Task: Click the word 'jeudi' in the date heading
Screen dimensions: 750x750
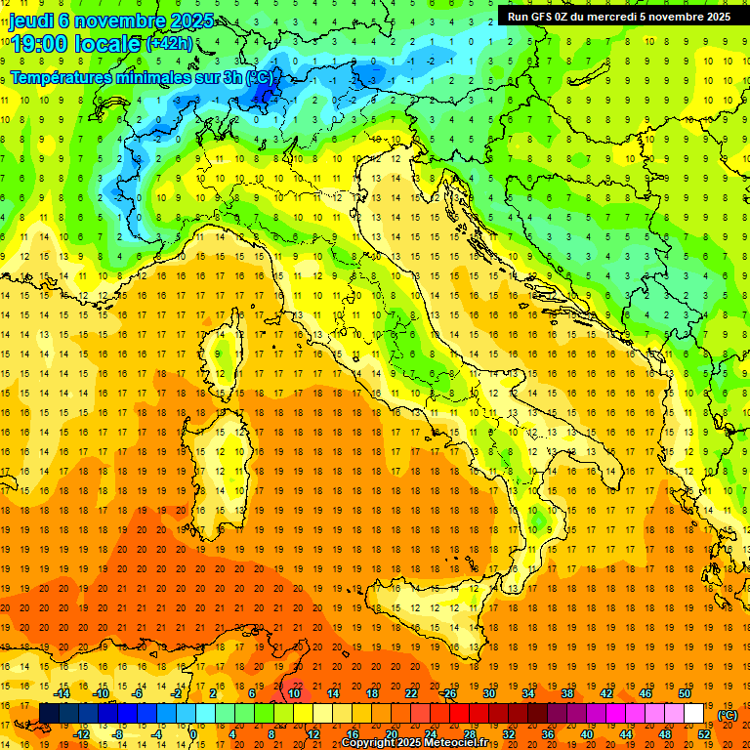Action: (x=30, y=21)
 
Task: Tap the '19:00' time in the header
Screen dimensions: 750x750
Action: (x=38, y=44)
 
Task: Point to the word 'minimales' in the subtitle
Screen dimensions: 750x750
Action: (x=162, y=76)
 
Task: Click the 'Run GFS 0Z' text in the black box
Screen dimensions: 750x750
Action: (x=540, y=17)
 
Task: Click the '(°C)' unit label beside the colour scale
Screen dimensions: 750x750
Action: (x=728, y=715)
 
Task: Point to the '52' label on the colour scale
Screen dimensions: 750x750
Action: (x=704, y=733)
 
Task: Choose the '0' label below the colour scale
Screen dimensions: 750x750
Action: (x=193, y=733)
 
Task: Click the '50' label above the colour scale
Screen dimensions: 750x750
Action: (x=685, y=693)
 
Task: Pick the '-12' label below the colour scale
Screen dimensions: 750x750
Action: (x=81, y=733)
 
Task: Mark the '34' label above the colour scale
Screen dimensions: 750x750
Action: (x=528, y=693)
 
